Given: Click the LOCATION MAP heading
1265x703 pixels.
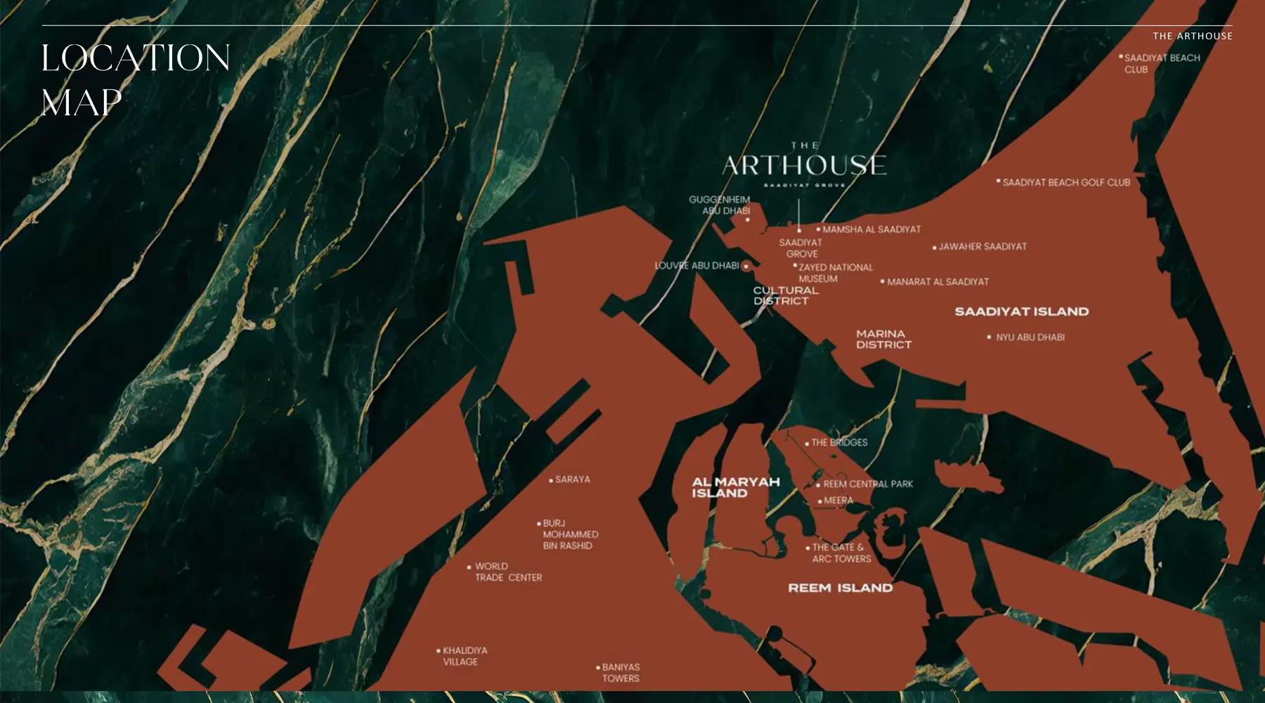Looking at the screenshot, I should click(x=135, y=79).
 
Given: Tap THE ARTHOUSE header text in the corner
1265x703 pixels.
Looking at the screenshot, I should click(x=1192, y=36).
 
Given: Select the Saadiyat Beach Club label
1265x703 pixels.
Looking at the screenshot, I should click(x=1161, y=63).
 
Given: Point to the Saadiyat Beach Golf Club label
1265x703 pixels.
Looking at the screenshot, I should click(x=1065, y=182).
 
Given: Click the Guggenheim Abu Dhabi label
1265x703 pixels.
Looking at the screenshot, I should click(x=720, y=205).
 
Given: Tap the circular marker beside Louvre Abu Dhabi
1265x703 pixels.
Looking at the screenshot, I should click(x=746, y=266).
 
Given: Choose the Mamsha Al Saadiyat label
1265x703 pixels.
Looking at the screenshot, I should click(x=871, y=229).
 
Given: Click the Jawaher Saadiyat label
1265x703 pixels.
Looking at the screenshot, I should click(x=982, y=247).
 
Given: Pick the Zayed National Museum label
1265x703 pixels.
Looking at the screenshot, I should click(x=835, y=273).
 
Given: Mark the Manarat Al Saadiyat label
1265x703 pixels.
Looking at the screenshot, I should click(x=937, y=282).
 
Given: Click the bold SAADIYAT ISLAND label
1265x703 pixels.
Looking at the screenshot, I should click(x=1021, y=311).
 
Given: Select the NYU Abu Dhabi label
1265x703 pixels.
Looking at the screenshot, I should click(x=1030, y=337).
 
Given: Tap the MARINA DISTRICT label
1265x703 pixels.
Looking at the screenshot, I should click(x=883, y=339).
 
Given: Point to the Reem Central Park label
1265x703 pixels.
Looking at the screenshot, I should click(x=867, y=484).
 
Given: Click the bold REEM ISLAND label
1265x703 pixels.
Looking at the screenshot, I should click(x=840, y=588).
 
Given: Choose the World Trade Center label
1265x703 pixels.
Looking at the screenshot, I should click(x=507, y=572).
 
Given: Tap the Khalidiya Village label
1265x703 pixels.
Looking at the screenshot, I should click(x=464, y=656).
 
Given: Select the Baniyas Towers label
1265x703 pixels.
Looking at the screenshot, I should click(x=620, y=673).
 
